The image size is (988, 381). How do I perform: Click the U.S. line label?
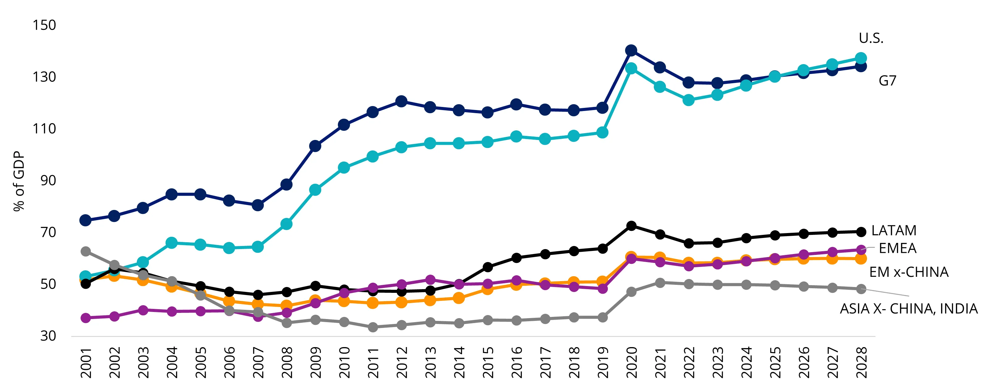(871, 38)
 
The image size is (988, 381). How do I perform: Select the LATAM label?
(894, 231)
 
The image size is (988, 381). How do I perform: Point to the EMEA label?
(898, 248)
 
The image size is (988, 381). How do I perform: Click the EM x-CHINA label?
(909, 272)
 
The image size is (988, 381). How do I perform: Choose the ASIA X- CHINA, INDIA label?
(909, 309)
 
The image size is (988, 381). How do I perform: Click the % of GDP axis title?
(19, 181)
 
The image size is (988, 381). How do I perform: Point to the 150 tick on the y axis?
(44, 25)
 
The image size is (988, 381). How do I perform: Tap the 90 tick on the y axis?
(48, 180)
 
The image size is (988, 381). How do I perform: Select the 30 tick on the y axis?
(48, 336)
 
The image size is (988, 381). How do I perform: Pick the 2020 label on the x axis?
(631, 362)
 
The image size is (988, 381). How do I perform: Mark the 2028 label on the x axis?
(861, 362)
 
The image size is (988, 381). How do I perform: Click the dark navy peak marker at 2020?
(631, 50)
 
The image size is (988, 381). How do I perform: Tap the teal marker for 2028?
(861, 59)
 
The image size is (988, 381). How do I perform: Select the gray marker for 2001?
(86, 252)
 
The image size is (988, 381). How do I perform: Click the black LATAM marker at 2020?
(631, 226)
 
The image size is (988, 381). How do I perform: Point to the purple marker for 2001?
(86, 318)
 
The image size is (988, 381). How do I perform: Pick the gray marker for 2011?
(373, 327)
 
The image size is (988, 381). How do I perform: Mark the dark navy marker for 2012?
(401, 101)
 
